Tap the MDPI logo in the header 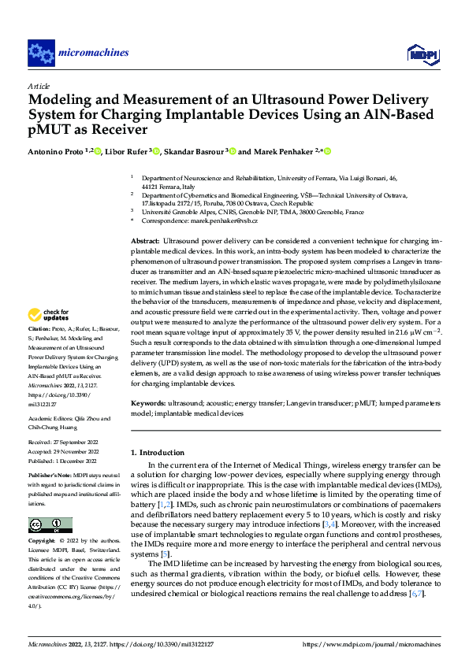(x=421, y=54)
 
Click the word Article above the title (x=39, y=86)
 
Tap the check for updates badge (x=49, y=317)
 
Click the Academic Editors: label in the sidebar (x=51, y=420)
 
